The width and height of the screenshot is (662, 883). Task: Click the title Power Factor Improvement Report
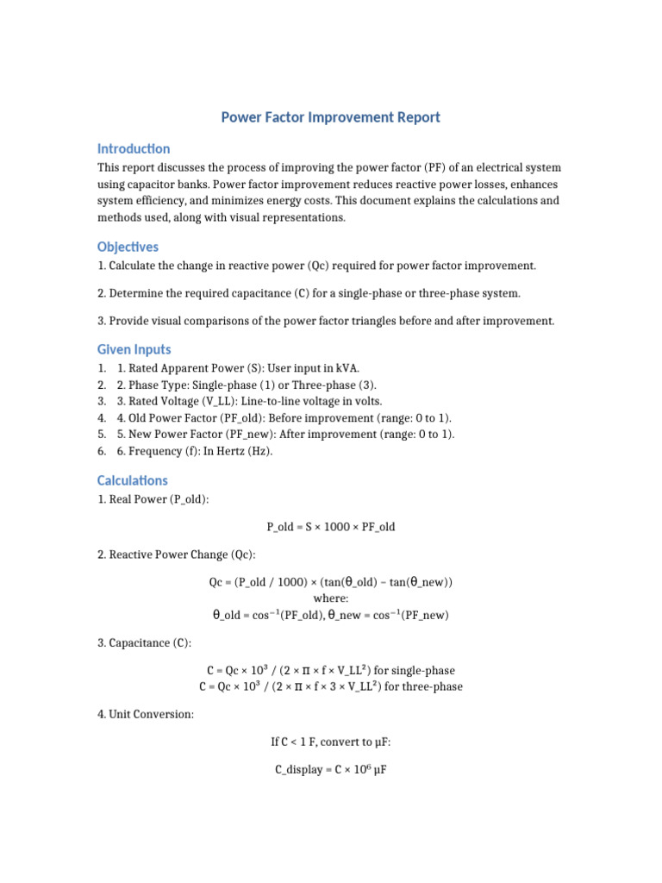coord(331,117)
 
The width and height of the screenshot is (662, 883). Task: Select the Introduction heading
coord(134,148)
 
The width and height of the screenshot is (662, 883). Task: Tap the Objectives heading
coord(128,247)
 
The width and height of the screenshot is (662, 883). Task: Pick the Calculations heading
coord(132,480)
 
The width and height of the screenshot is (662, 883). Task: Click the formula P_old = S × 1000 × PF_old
coord(331,526)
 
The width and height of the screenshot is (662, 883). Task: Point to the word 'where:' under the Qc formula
coord(331,598)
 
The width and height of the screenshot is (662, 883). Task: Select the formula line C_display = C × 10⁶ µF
coord(331,768)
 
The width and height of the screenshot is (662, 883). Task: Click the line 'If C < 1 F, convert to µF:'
coord(331,741)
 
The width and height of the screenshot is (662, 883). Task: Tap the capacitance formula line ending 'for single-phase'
coord(331,670)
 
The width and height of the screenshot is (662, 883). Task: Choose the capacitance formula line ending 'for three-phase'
coord(331,686)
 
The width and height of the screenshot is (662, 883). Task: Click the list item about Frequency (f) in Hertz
coord(194,451)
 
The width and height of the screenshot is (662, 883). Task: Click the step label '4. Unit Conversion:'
coord(146,714)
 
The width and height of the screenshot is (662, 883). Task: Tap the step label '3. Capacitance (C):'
coord(144,643)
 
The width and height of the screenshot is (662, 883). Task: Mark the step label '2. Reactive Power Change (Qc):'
coord(176,554)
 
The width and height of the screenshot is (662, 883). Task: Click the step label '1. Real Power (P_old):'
coord(153,499)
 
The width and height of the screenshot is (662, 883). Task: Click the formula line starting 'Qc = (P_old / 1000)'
coord(331,582)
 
